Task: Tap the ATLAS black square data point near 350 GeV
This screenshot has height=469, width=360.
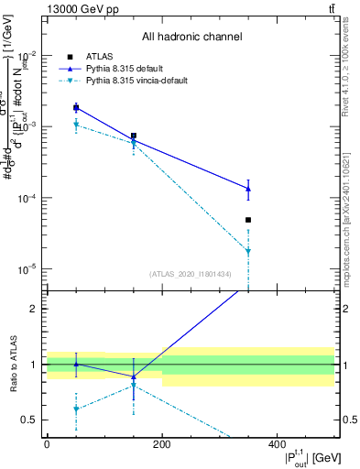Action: [248, 220]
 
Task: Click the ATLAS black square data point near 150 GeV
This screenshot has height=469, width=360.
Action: [134, 136]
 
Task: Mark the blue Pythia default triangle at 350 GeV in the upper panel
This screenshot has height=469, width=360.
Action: [248, 189]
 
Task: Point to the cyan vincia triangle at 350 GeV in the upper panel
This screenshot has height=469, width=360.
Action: [248, 251]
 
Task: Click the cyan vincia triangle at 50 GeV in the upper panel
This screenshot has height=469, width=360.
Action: [76, 125]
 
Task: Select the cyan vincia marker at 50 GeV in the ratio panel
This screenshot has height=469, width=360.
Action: [76, 409]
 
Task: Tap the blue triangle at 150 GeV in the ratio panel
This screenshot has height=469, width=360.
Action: [134, 376]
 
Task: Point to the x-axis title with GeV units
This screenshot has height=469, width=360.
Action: [294, 457]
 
